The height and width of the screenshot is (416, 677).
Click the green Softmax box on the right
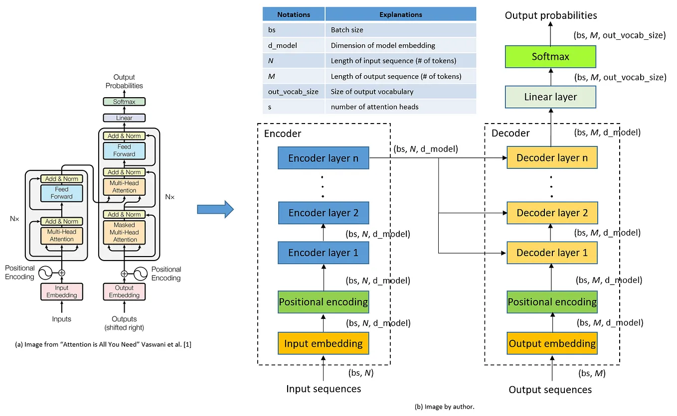point(550,57)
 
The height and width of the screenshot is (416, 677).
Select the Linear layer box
point(550,97)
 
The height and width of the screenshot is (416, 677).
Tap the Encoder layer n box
point(324,158)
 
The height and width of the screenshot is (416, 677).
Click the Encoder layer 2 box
point(324,213)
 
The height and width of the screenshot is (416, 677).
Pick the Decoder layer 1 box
point(552,253)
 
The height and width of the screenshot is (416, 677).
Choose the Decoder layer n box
point(552,158)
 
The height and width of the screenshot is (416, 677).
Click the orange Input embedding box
point(324,344)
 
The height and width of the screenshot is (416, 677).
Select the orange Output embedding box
point(552,344)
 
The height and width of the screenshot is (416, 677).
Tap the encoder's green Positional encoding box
point(324,302)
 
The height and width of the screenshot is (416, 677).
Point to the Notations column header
point(294,14)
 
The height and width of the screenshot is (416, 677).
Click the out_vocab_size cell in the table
point(294,92)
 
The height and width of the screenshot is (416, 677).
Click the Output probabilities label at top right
point(550,15)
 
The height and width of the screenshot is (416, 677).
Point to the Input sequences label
point(324,389)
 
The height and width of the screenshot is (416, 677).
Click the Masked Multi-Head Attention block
point(125,232)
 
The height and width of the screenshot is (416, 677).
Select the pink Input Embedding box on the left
point(62,291)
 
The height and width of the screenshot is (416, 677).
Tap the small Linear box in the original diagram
point(124,118)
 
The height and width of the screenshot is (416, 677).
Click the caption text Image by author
point(444,407)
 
